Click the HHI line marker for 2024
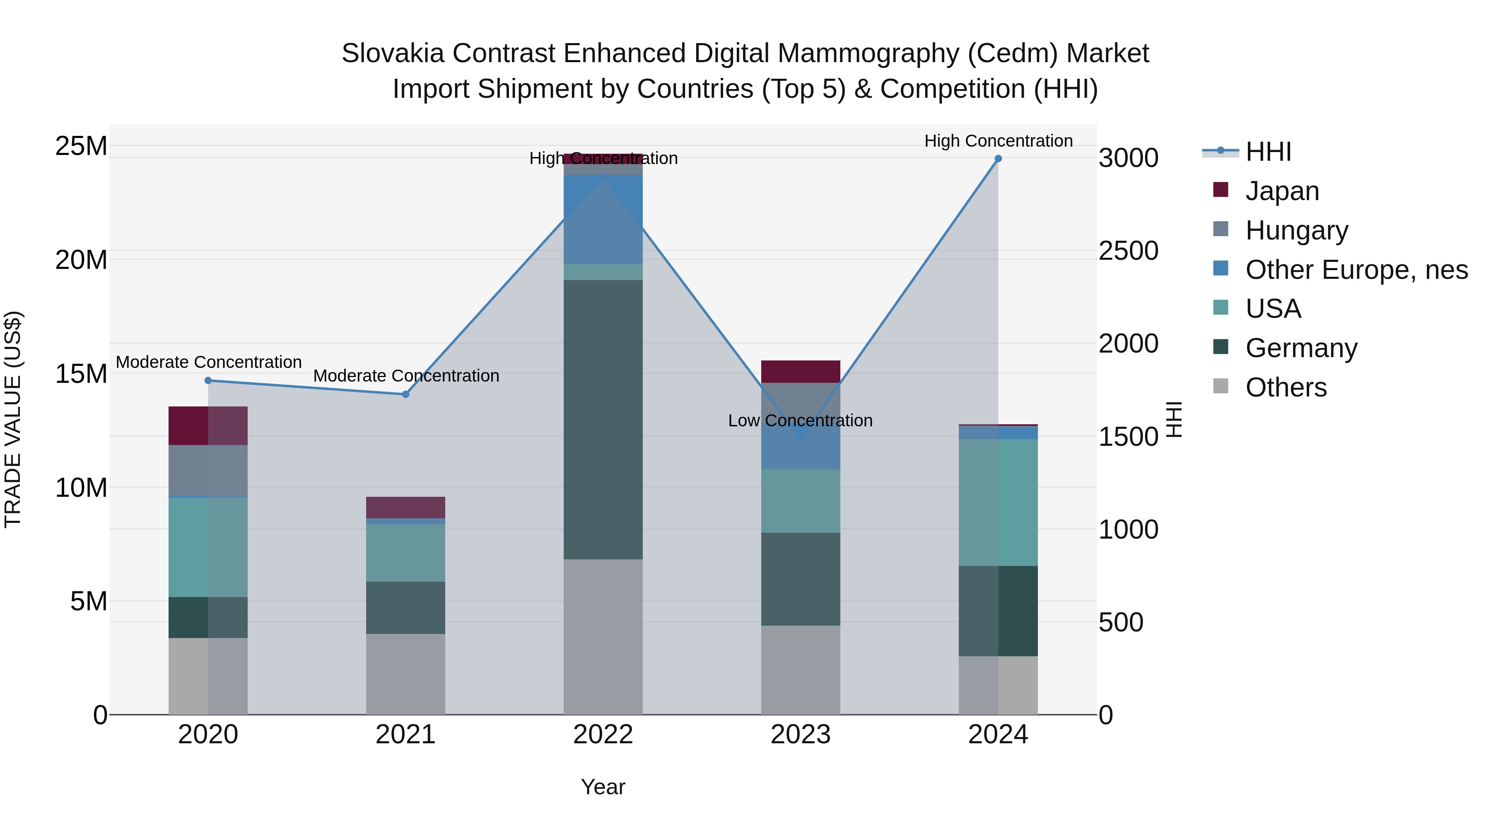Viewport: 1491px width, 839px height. pos(998,159)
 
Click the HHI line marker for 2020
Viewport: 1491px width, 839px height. pos(208,380)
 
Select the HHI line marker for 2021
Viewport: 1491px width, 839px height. pos(406,394)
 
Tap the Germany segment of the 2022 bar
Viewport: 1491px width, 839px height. pos(603,419)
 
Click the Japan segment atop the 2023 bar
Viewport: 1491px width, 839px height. pos(801,371)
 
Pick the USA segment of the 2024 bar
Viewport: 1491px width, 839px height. pos(998,502)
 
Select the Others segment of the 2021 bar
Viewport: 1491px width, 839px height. pos(406,674)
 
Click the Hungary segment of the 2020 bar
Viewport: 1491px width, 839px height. pos(208,470)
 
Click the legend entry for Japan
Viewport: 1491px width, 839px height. pos(1281,191)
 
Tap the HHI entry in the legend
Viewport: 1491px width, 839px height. pos(1268,152)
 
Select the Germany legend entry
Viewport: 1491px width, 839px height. pos(1300,348)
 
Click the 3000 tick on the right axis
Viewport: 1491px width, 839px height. pos(1128,158)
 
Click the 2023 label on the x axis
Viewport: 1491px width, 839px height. pos(801,735)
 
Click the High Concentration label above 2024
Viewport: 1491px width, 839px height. pos(998,141)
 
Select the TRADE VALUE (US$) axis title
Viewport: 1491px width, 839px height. pos(13,419)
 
